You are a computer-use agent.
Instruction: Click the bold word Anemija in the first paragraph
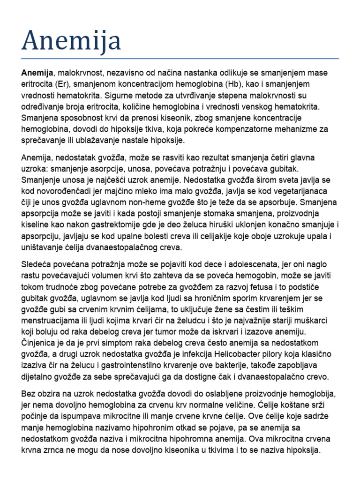[x=37, y=73]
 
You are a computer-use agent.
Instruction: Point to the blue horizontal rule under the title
[x=180, y=59]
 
